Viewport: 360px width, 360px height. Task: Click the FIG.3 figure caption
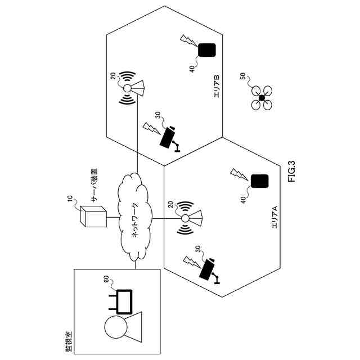pyautogui.click(x=291, y=172)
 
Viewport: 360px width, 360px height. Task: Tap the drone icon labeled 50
pyautogui.click(x=262, y=98)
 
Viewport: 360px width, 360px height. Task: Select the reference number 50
pyautogui.click(x=243, y=76)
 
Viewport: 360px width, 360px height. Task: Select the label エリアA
pyautogui.click(x=275, y=217)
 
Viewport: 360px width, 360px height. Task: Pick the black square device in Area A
pyautogui.click(x=259, y=182)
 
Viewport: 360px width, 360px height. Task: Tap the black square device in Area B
pyautogui.click(x=206, y=50)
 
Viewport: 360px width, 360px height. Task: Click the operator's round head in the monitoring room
pyautogui.click(x=115, y=327)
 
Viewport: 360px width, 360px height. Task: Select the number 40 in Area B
pyautogui.click(x=192, y=69)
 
